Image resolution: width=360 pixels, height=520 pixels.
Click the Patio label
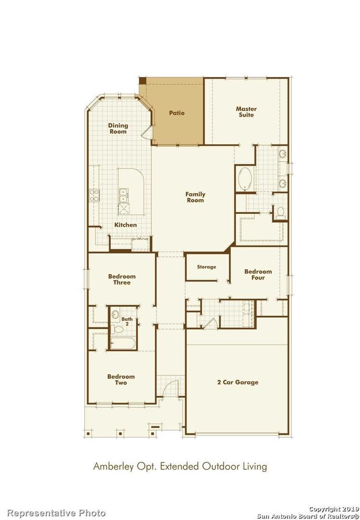point(177,113)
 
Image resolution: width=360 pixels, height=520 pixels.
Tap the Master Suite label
point(246,112)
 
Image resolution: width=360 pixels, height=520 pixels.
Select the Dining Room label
point(118,128)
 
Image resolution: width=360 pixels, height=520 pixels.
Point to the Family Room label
point(195,197)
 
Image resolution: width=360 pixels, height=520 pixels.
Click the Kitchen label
point(125,225)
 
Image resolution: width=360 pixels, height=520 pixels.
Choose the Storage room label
point(207,266)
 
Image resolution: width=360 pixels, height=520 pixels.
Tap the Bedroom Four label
point(258,274)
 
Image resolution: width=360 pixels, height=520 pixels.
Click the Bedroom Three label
point(122,279)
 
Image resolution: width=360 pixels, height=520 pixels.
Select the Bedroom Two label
point(121,379)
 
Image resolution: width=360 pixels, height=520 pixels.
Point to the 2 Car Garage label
point(238,382)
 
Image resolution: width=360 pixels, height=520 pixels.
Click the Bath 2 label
point(127,321)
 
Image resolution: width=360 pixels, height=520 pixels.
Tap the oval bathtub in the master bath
point(245,179)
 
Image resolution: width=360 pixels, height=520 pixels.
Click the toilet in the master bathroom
point(281,213)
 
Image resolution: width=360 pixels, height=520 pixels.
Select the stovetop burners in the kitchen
point(94,195)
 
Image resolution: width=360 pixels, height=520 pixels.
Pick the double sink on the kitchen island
point(124,195)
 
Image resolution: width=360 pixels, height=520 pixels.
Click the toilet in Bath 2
point(117,329)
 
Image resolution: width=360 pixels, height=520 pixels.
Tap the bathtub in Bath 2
point(123,343)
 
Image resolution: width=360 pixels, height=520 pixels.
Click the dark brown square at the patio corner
point(142,81)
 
